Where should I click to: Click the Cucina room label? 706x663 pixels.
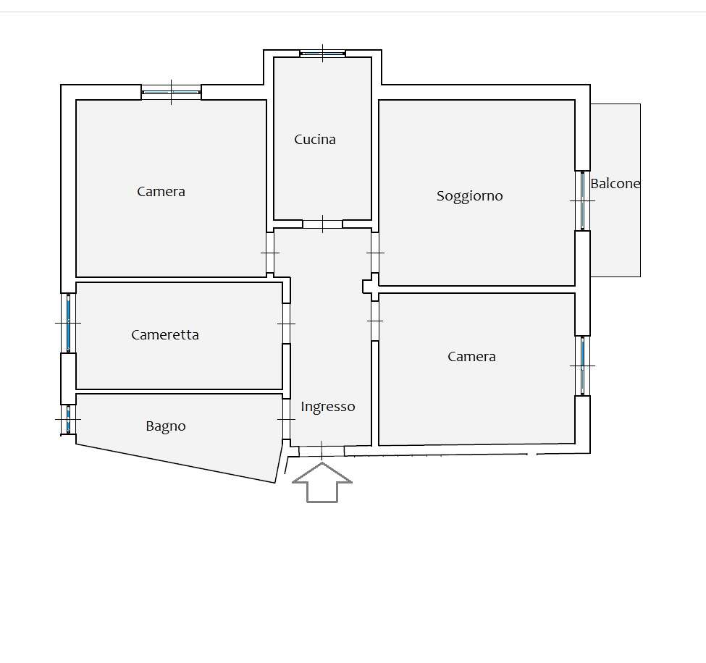315,140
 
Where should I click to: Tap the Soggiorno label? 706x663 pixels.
470,196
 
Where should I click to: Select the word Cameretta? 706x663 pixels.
165,335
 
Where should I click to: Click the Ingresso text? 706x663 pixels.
328,407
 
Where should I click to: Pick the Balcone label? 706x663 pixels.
615,184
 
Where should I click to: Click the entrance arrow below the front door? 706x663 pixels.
322,482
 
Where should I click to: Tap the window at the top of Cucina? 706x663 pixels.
322,53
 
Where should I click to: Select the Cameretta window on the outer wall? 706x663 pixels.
69,323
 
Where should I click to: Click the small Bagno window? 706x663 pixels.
69,419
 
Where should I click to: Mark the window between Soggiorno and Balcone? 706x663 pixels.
582,200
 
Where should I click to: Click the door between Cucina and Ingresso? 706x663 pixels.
322,224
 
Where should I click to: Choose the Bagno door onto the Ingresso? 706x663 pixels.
286,419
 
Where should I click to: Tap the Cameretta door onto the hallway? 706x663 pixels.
286,323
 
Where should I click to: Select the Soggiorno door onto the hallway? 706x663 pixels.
374,253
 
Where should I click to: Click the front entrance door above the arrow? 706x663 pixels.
322,450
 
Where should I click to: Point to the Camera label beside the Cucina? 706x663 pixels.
161,192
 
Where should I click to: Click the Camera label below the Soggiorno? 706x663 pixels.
471,357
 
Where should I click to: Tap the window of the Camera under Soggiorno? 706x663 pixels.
582,366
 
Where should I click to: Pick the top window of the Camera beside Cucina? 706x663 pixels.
171,92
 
